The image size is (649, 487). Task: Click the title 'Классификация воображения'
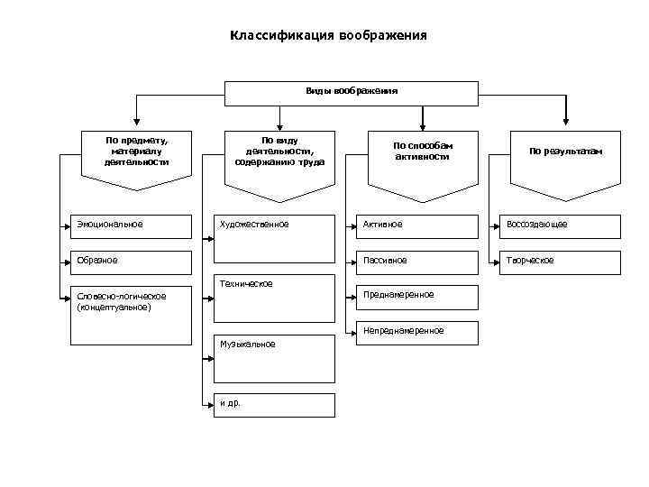tap(328, 36)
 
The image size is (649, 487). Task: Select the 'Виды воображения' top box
tap(352, 92)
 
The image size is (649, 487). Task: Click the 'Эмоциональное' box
tap(132, 225)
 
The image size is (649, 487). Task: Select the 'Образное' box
tap(132, 262)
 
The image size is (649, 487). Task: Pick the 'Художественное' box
tap(274, 225)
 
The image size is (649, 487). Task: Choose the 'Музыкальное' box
tap(274, 359)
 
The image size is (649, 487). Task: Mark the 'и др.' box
tap(274, 403)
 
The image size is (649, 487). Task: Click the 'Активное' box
tap(416, 225)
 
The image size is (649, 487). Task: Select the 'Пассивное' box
tap(416, 262)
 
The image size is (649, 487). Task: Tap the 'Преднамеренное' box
tap(416, 297)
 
